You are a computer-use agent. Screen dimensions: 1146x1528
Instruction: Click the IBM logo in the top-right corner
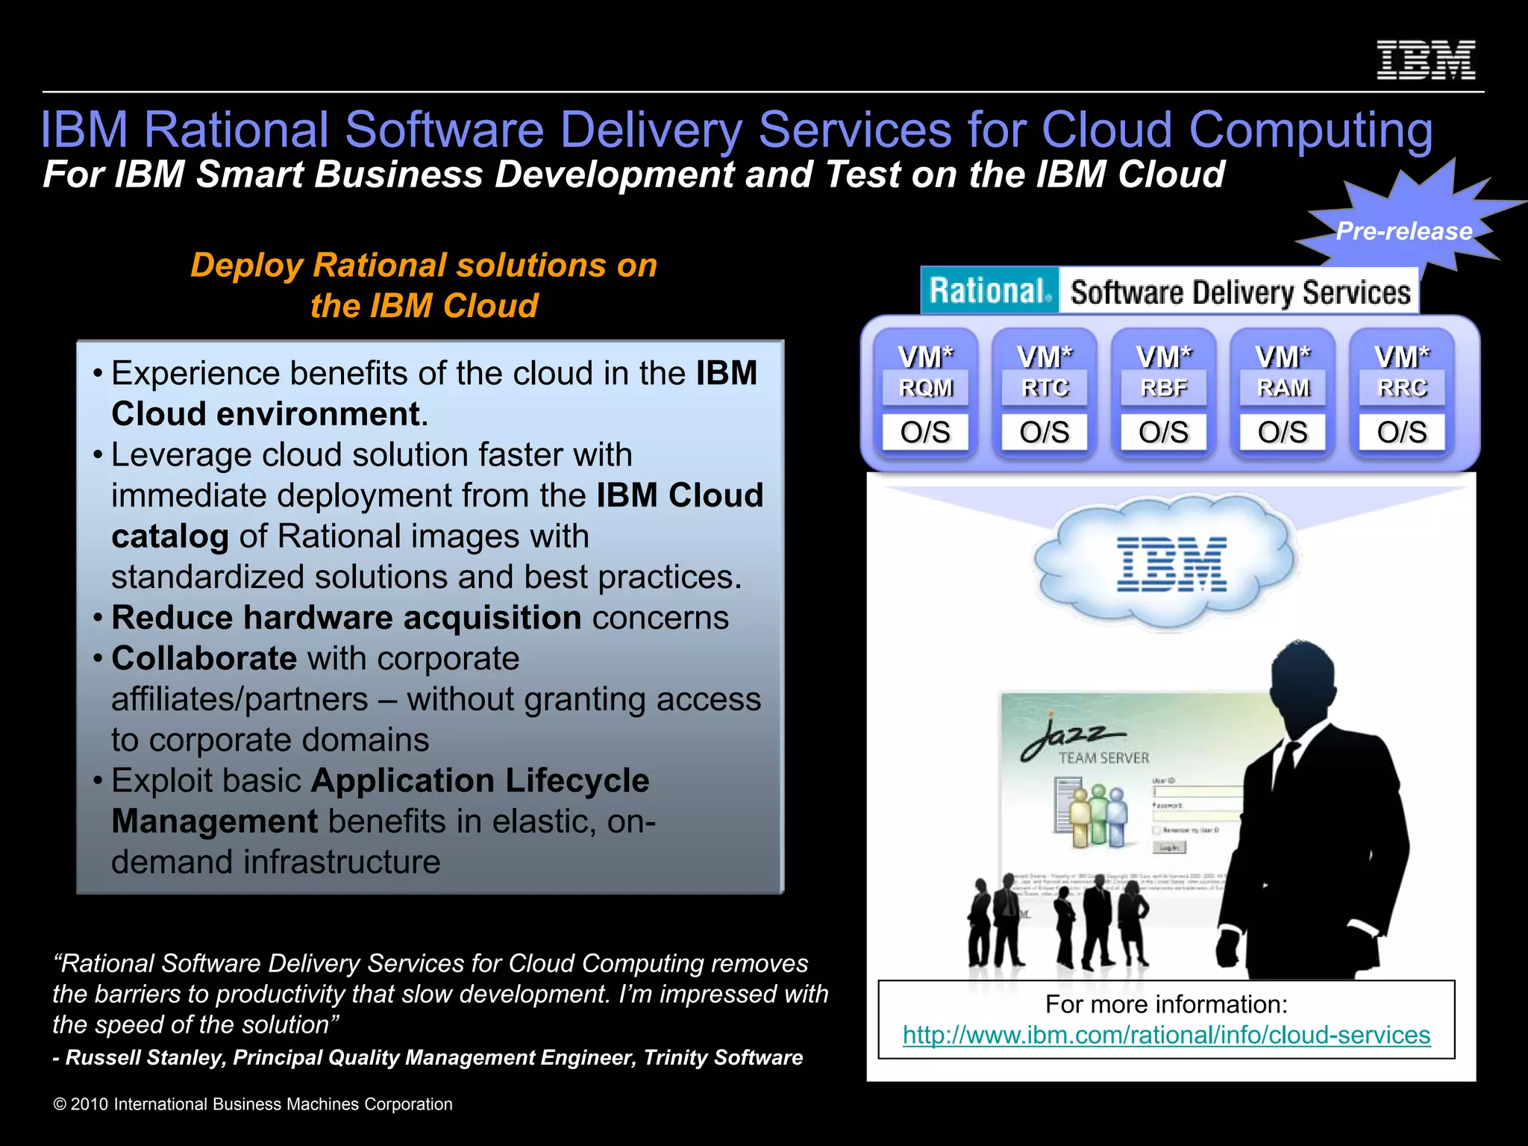[x=1425, y=60]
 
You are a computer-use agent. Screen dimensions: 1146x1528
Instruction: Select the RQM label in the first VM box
[x=925, y=388]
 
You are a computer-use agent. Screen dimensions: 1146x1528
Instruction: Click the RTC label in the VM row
[x=1045, y=388]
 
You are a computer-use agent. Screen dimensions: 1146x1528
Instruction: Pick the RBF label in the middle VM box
[x=1163, y=388]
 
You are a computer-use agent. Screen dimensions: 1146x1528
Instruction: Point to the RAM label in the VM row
[x=1283, y=388]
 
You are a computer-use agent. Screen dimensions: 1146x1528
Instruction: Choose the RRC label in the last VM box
[x=1402, y=388]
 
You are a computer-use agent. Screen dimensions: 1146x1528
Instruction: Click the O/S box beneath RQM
[x=925, y=432]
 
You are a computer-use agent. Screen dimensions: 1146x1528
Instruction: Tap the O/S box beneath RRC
[x=1402, y=432]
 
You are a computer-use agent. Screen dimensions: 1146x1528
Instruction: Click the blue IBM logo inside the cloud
[x=1171, y=564]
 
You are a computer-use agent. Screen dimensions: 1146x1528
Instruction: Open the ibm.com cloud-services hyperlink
[x=1166, y=1035]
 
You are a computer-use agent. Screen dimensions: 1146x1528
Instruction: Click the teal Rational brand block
[x=989, y=291]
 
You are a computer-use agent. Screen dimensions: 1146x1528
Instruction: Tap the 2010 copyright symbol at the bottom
[x=60, y=1104]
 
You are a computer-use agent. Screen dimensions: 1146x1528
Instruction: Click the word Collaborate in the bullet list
[x=204, y=658]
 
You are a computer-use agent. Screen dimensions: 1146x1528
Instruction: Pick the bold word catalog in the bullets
[x=169, y=536]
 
